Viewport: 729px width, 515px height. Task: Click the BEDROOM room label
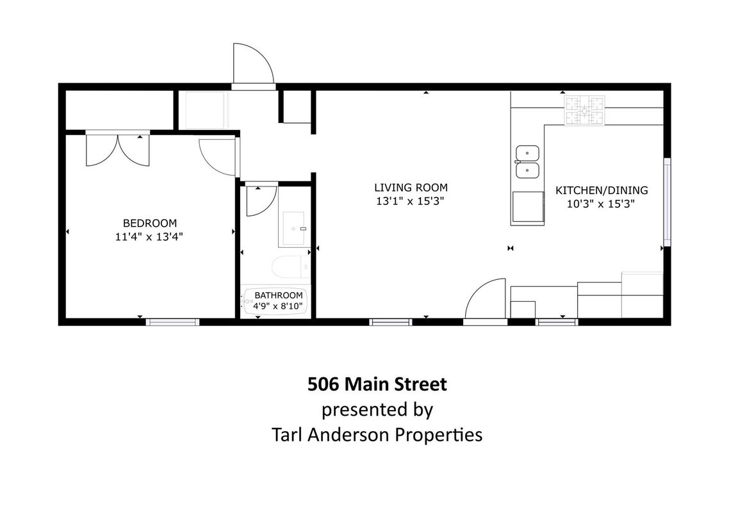point(149,223)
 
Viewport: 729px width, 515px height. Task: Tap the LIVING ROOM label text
point(411,188)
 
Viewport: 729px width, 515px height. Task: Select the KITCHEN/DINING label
point(601,190)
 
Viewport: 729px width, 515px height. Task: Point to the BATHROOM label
point(279,295)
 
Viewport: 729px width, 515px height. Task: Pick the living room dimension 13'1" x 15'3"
point(411,201)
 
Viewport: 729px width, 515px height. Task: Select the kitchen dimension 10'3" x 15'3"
point(601,204)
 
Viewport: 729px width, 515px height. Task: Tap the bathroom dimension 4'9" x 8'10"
point(279,306)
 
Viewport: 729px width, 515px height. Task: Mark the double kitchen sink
point(528,161)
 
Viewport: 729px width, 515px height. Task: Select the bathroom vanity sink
point(294,228)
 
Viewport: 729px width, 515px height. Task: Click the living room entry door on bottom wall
point(486,300)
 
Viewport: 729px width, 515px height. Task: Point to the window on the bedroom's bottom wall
point(172,322)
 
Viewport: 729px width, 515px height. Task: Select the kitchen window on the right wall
point(667,202)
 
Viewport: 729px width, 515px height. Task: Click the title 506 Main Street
point(377,384)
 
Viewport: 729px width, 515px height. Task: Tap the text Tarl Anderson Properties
point(377,435)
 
